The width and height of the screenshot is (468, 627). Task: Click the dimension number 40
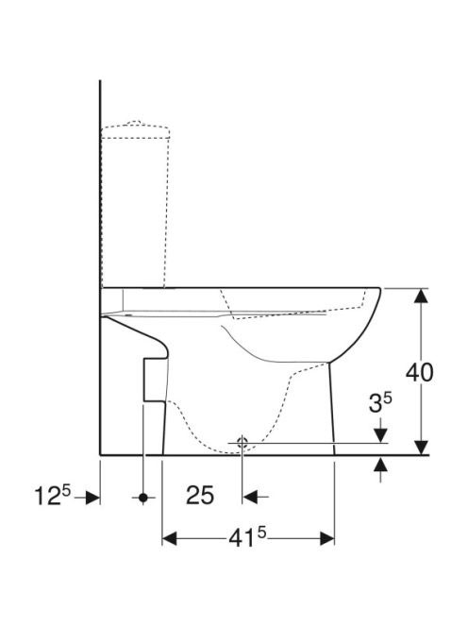(419, 372)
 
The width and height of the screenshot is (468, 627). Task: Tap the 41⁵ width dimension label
(247, 538)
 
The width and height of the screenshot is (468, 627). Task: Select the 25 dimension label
(200, 496)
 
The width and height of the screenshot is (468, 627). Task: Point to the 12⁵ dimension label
(52, 495)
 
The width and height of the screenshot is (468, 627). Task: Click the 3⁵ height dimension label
(380, 402)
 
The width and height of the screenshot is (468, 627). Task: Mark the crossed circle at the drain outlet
(242, 443)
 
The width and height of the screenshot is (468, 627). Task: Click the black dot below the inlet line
(143, 498)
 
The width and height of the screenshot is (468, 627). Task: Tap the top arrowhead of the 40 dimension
(421, 296)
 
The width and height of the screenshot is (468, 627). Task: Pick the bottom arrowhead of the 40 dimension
(421, 448)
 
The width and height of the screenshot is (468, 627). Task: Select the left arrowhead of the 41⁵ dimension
(169, 538)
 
